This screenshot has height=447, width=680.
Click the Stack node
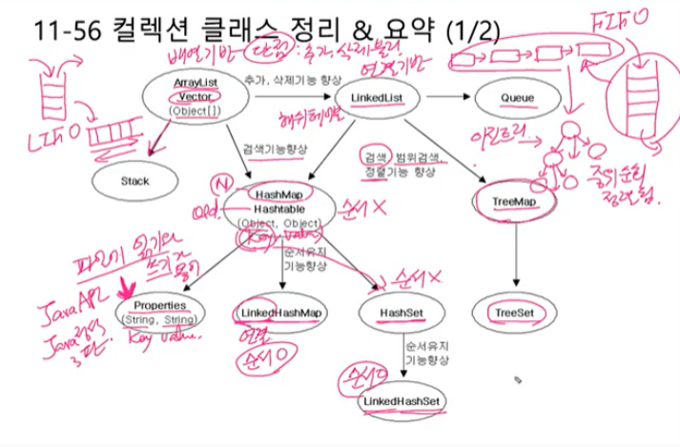[134, 179]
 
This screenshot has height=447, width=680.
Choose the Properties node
[159, 308]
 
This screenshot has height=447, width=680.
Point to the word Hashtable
[278, 208]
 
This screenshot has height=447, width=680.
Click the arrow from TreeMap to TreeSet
[514, 257]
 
